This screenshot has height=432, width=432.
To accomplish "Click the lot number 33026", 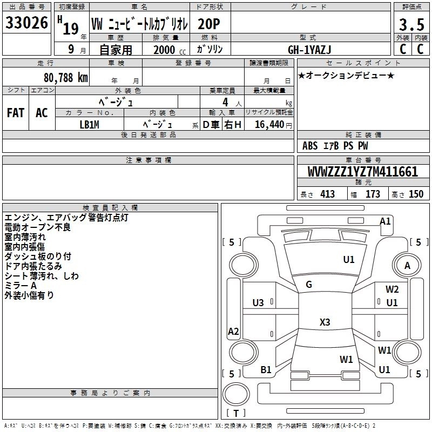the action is pos(26,23).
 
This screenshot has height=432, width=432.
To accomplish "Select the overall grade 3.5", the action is pos(411,25).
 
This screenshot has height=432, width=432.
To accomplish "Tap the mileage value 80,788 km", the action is pos(66,78).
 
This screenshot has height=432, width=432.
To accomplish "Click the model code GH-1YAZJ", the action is pos(309,50).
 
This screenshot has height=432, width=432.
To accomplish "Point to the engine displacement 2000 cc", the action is pos(170,50).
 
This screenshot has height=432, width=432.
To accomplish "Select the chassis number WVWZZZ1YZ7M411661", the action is pos(363,172).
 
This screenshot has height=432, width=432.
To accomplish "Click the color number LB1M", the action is pos(89,125).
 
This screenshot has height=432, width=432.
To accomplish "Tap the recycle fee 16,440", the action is pos(269,125).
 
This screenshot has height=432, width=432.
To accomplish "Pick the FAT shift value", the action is pos(16,113).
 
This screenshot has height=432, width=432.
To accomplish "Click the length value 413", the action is pos(327,194).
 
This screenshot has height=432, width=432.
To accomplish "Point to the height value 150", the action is pos(416,194).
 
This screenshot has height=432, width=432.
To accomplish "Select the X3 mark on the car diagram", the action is pos(325,322).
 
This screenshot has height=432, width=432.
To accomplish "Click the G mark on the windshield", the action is pos(309,285).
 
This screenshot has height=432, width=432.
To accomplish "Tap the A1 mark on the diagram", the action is pos(385,221).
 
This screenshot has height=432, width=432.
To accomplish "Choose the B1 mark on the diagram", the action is pos(266,370).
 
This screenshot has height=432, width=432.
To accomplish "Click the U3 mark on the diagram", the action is pos(258,303).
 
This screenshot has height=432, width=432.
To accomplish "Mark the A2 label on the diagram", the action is pos(233,331).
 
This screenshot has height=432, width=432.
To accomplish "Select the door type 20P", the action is pos(209,24).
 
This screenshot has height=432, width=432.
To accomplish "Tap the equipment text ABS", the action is pos(310,146).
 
